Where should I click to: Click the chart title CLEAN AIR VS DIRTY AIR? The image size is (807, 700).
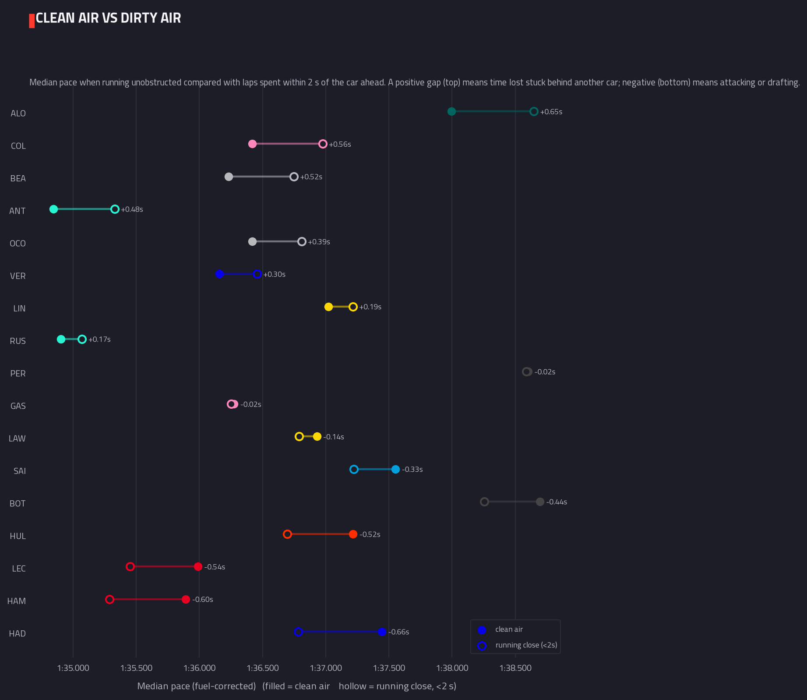point(108,18)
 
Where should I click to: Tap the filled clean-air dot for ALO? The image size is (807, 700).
point(451,112)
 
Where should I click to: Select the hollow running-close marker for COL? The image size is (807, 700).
point(323,144)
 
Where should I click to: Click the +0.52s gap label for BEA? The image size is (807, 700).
point(311,177)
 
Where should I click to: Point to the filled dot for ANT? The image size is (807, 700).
point(54,209)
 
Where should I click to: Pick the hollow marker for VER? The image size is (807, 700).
point(257,274)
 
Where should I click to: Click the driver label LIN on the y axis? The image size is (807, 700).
point(19,308)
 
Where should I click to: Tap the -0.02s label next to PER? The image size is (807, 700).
point(545,372)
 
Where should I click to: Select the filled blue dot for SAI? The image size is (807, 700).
point(395,470)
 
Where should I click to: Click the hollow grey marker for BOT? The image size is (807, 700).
point(484,502)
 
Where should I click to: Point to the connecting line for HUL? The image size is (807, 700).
point(320,534)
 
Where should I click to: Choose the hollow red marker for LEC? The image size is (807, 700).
point(130,567)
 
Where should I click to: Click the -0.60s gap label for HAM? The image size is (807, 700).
point(203,600)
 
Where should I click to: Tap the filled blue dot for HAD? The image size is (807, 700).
point(382,632)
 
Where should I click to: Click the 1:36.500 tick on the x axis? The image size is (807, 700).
point(263,668)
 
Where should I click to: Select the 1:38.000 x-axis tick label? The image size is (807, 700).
point(452,668)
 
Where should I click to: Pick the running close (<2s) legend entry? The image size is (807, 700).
point(517,645)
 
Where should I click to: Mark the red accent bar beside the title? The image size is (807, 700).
point(32,21)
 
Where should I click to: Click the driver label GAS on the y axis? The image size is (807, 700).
point(18,406)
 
